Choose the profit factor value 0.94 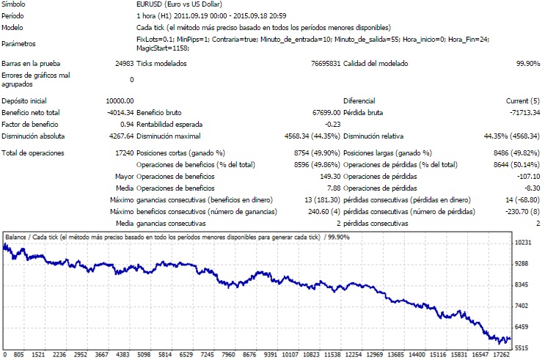[x=126, y=125]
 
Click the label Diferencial [x=359, y=101]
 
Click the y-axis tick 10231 [x=524, y=242]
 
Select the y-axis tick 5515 [x=524, y=348]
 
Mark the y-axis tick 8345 [x=524, y=284]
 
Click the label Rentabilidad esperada [x=167, y=125]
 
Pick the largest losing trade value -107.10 [x=527, y=177]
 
